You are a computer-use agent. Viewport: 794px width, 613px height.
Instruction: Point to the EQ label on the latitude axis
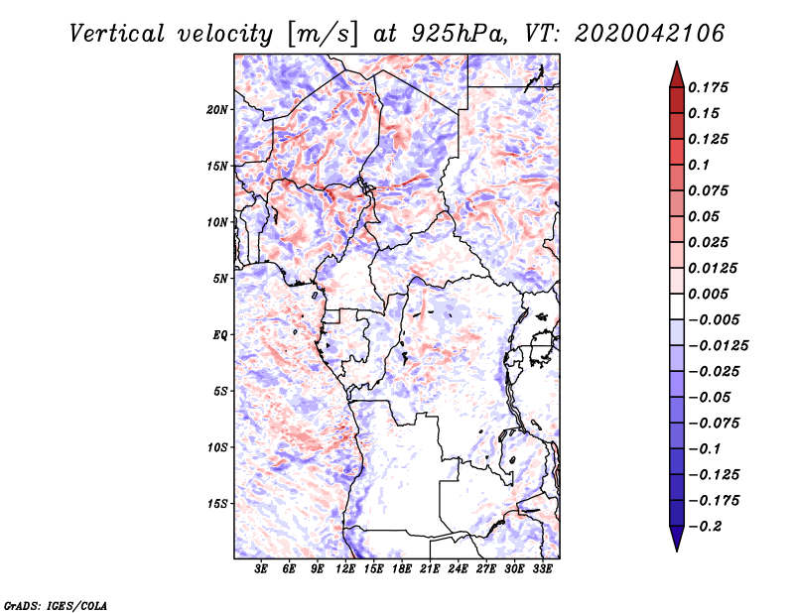pos(220,335)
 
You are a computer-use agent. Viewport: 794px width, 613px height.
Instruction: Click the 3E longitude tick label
pos(262,570)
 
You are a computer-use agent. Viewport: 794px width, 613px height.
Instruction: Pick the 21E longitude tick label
pos(430,570)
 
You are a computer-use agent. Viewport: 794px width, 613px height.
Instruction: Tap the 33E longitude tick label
pos(542,570)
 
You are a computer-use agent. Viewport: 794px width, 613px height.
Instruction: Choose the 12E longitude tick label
pos(345,570)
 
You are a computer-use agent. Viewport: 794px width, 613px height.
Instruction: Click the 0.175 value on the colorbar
pos(710,87)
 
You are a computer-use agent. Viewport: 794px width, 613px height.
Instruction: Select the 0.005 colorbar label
pos(710,294)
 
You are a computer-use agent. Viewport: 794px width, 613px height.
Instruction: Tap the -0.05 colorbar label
pos(709,397)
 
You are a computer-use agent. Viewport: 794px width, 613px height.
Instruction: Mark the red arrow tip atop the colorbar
pos(675,67)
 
